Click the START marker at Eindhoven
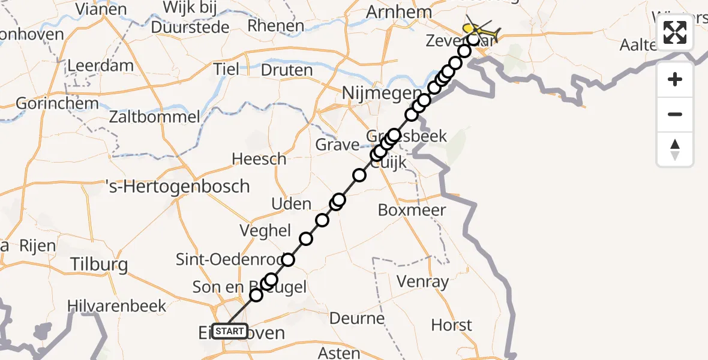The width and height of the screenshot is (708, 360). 230,331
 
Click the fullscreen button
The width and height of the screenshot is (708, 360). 675,32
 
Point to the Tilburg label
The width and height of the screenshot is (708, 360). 99,264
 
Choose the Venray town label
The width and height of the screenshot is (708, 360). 423,281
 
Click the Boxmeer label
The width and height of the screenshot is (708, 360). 412,210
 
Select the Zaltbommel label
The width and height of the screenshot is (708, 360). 154,116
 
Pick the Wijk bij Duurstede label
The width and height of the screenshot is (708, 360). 190,18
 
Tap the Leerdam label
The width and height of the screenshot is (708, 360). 100,65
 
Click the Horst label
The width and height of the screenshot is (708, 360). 451,326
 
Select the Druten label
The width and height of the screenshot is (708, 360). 287,70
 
